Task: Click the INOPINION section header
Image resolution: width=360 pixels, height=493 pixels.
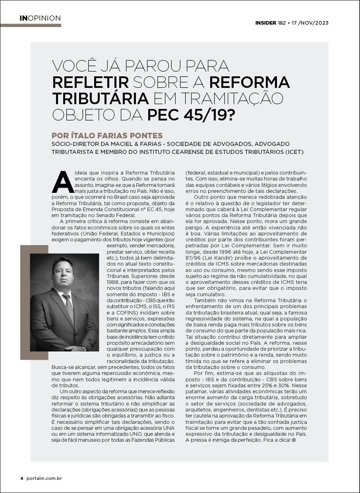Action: [40, 18]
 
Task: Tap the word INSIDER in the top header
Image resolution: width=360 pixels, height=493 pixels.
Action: [265, 23]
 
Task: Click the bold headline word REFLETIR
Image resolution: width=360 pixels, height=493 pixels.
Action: [91, 82]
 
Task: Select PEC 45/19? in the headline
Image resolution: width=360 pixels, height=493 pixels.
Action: [191, 114]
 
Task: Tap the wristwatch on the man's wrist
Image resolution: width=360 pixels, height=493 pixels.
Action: [83, 348]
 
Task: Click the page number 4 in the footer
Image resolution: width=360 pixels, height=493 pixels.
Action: [22, 478]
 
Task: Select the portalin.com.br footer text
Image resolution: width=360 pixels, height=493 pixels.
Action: [44, 478]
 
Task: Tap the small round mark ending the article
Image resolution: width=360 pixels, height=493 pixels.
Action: [294, 440]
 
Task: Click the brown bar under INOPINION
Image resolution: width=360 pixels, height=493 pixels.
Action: [31, 25]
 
